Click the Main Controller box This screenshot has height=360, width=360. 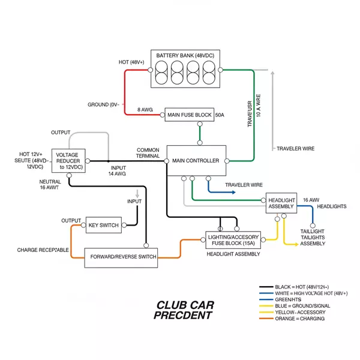click(196, 160)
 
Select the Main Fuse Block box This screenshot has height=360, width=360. click(189, 114)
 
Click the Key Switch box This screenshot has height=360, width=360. click(103, 225)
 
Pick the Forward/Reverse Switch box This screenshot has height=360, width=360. click(122, 257)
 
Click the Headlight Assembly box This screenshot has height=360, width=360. click(281, 203)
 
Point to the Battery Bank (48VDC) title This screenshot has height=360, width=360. click(184, 56)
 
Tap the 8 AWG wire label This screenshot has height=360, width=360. click(145, 109)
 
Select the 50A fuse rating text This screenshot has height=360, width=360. click(219, 114)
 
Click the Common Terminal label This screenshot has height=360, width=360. click(148, 153)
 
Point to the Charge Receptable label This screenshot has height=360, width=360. click(43, 250)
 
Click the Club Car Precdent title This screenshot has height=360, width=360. click(185, 309)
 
